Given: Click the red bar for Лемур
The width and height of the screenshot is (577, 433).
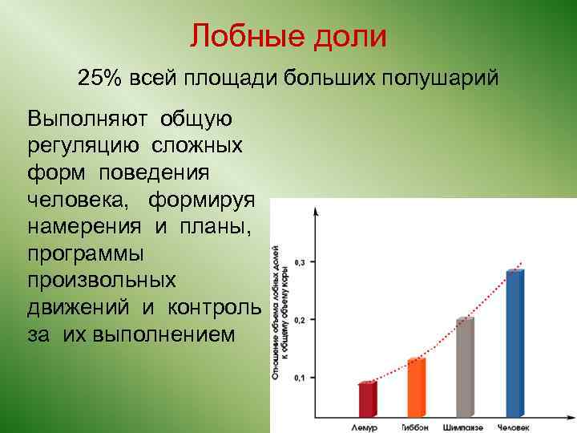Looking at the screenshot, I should click(367, 399).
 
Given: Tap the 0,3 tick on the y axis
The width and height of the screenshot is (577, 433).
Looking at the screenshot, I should click(301, 262).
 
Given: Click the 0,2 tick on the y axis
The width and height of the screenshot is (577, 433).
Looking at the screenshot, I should click(301, 320).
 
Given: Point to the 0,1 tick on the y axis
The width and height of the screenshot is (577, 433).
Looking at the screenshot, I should click(301, 378).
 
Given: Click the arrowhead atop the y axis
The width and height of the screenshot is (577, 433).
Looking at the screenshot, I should click(316, 211).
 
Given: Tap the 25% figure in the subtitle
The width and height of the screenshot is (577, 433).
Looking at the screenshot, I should click(98, 79).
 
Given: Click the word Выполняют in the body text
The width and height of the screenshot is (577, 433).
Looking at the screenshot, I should click(89, 120).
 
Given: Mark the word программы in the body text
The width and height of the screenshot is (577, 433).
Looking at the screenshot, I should click(86, 254).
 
